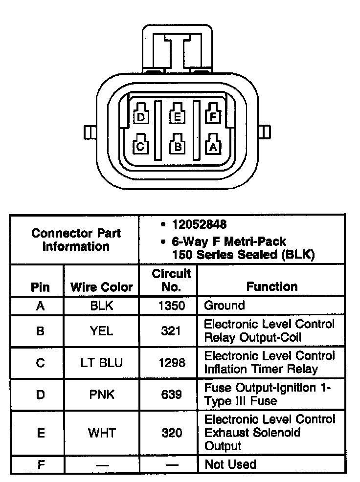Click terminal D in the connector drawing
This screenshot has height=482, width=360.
point(141,117)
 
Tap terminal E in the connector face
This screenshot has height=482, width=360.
point(177,117)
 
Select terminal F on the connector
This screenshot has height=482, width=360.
point(212,117)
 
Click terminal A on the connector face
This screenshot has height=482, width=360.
point(213,146)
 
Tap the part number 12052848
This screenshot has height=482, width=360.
point(199,225)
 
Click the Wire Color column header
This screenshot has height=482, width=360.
point(101,287)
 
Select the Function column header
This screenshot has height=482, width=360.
point(271,287)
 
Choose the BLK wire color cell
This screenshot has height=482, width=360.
point(101,306)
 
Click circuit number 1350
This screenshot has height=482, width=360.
point(171,306)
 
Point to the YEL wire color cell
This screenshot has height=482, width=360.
point(101,331)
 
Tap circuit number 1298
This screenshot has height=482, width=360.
point(171,363)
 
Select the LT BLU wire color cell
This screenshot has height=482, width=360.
point(101,363)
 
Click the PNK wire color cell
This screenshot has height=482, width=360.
point(101,394)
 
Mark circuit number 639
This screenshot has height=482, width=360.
point(171,394)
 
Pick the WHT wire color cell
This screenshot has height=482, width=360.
point(101,433)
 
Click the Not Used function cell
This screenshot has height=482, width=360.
point(230,464)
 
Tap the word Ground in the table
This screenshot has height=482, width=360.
point(224,306)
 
